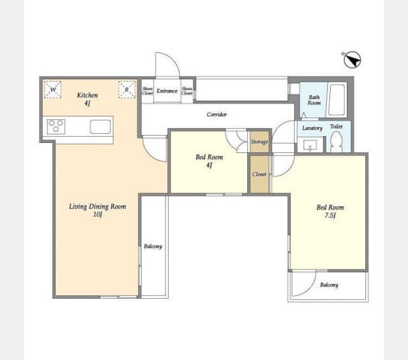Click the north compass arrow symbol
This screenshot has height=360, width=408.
coord(352,60)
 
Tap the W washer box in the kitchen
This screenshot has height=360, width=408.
coord(53,90)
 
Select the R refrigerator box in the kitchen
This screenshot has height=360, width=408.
coord(127,90)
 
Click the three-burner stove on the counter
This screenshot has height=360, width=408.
coord(56,127)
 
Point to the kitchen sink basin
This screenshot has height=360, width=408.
coord(100,127)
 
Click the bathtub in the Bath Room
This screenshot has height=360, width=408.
coord(337,100)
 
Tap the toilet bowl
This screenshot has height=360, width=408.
coord(337,142)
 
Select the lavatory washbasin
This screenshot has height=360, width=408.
coord(310,145)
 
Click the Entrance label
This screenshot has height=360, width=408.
coord(167,91)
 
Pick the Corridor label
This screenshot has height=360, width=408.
coord(217,114)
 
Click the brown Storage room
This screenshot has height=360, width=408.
coord(259,142)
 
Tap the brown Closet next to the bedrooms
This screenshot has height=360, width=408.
coord(259,174)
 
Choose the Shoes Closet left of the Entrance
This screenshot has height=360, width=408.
coord(148,91)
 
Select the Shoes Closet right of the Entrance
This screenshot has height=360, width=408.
coord(187,91)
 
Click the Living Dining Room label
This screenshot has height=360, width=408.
coord(98,210)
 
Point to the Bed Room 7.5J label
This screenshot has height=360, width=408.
coord(330,211)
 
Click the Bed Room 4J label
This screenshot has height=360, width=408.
coord(209,161)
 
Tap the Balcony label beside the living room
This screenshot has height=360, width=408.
coord(153,247)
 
